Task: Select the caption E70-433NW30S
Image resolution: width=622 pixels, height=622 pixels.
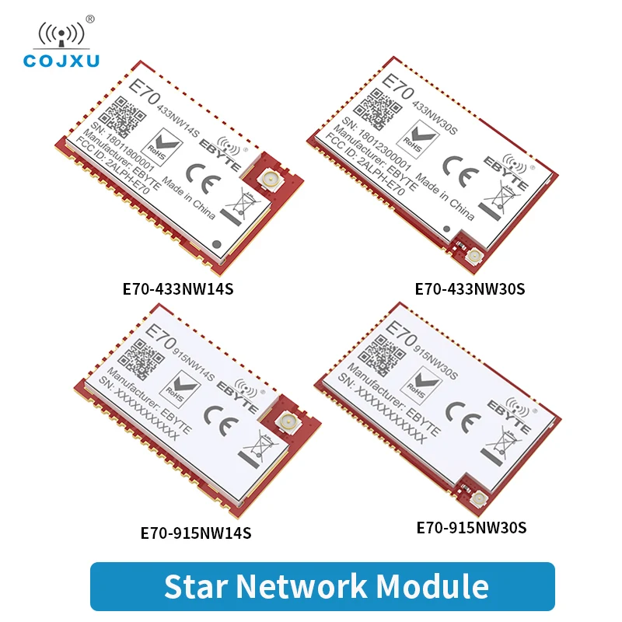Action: (470, 288)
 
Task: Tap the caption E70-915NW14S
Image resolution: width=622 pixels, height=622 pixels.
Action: (195, 533)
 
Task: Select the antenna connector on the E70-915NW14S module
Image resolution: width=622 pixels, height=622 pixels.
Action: (285, 424)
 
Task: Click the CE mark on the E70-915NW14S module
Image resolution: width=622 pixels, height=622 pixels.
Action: (215, 415)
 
